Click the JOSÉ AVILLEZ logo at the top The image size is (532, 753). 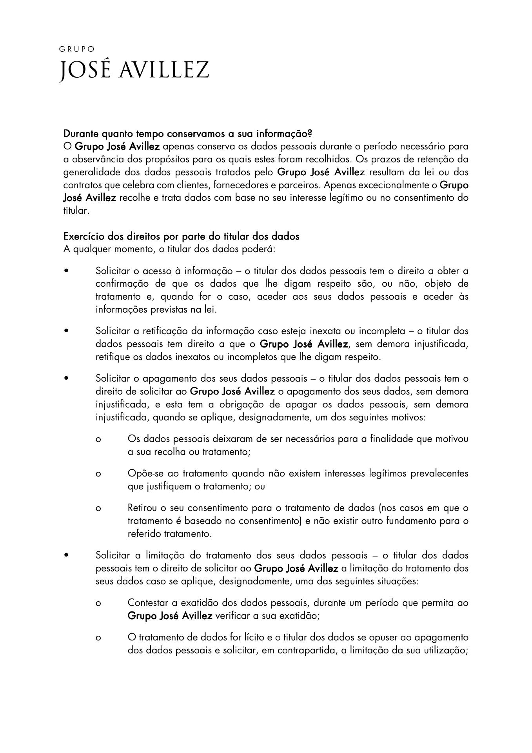pos(134,71)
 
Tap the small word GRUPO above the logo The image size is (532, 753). pos(77,49)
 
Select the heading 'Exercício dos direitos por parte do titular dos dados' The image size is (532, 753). pos(181,236)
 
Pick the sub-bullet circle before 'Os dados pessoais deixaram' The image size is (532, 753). pos(98,439)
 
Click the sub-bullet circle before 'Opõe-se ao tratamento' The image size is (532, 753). pos(98,474)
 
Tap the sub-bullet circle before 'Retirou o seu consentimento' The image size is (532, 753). pos(98,508)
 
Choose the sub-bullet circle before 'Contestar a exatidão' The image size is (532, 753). pos(98,603)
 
